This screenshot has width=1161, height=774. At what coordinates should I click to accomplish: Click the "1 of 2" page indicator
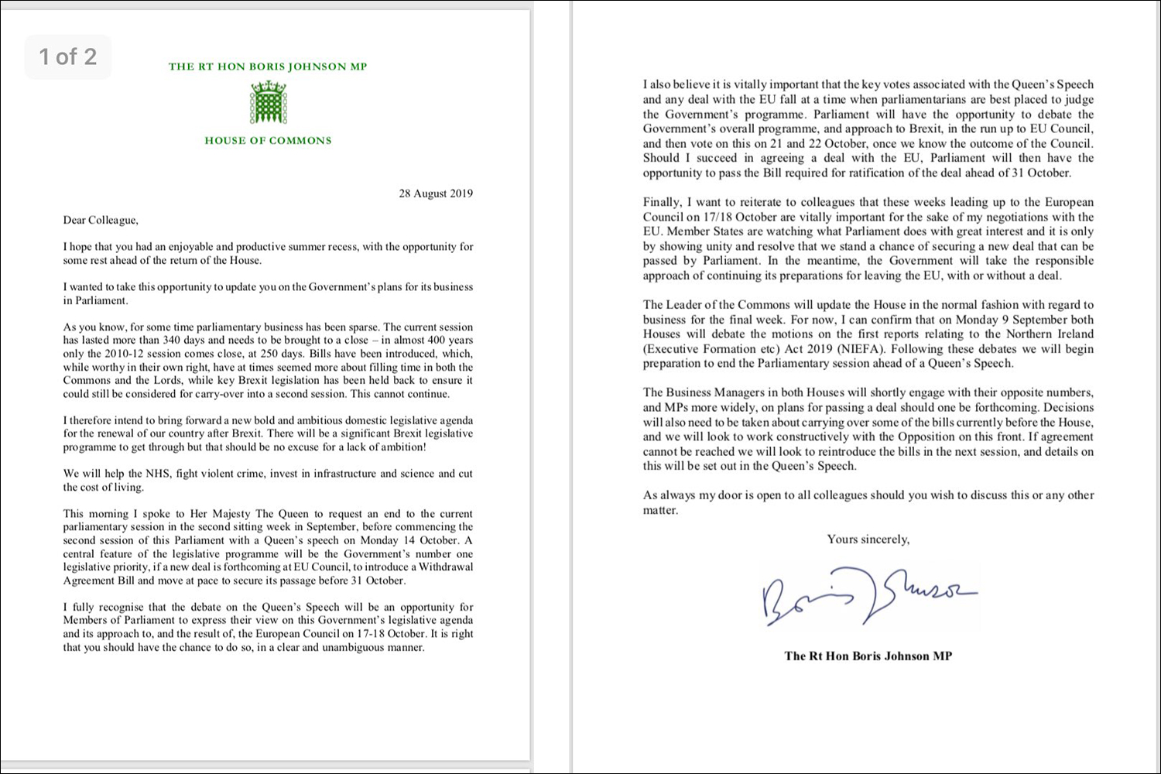[68, 57]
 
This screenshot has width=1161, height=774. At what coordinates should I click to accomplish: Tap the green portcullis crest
[269, 102]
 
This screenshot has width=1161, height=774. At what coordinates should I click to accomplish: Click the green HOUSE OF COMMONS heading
[268, 141]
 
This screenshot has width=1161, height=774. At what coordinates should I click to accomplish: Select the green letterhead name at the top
[268, 67]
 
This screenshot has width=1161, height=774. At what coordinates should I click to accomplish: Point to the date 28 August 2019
[436, 193]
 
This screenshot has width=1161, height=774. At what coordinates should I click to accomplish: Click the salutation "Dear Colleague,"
[101, 221]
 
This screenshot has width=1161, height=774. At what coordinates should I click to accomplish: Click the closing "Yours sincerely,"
[868, 539]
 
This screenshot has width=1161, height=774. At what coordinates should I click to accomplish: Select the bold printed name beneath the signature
[868, 656]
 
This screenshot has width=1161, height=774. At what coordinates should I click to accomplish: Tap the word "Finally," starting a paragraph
[664, 203]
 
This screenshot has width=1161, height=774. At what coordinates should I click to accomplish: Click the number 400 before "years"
[439, 341]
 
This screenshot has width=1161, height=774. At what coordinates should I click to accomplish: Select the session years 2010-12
[123, 354]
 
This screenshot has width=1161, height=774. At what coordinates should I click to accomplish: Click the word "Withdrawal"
[444, 567]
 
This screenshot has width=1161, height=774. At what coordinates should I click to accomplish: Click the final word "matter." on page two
[660, 511]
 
